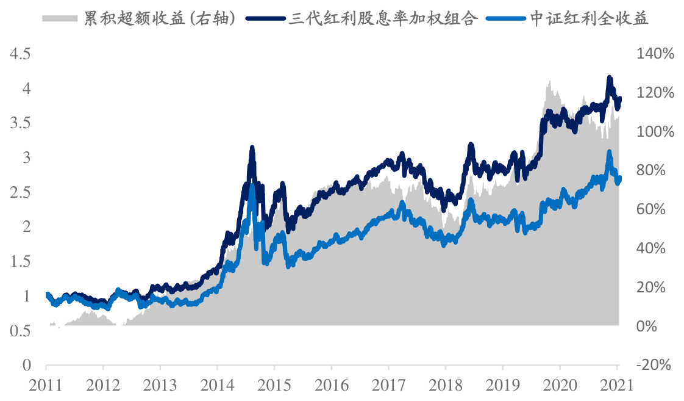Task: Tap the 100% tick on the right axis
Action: click(655, 132)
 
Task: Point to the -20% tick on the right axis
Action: click(655, 365)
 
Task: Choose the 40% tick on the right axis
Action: click(655, 248)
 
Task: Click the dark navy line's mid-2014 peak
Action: click(252, 148)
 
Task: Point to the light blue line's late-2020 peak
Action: click(608, 151)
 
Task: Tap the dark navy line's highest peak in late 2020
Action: click(608, 78)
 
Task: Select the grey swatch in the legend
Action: click(60, 18)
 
